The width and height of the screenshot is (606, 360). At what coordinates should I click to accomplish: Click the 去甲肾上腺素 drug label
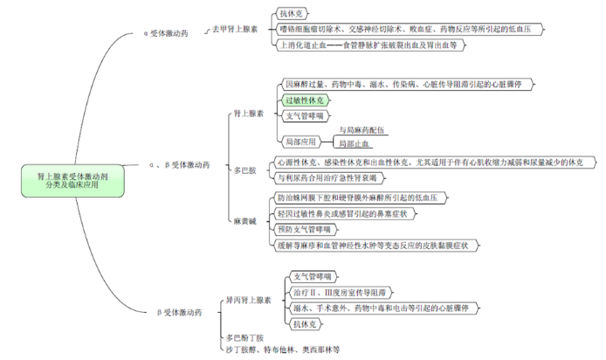235,29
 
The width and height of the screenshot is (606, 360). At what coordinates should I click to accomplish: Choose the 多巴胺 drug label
245,170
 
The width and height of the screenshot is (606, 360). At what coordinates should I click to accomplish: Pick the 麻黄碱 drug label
245,221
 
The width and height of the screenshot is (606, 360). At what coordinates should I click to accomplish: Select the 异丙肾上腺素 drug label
248,300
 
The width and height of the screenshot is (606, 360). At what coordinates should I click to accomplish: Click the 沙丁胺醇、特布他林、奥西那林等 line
281,349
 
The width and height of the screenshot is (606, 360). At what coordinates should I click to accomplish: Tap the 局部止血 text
355,142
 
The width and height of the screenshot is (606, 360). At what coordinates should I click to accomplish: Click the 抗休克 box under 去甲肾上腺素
292,14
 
